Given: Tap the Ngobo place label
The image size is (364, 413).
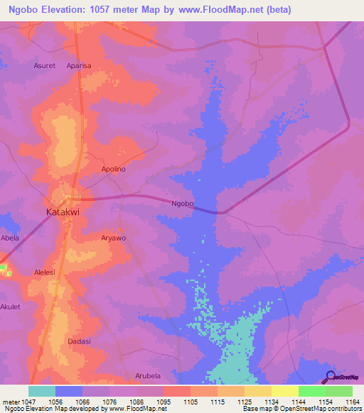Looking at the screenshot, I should [x=183, y=204].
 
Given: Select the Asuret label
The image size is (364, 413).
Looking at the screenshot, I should [x=45, y=65].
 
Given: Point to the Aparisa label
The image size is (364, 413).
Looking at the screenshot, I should [x=79, y=65].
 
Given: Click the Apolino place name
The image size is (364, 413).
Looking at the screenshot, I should [x=114, y=170].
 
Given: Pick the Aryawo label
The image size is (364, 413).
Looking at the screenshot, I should [x=114, y=238].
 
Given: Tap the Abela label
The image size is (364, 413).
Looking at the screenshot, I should [x=10, y=238].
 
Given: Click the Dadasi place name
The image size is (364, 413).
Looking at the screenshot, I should [x=79, y=341].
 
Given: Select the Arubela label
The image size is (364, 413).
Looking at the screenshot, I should [x=148, y=375].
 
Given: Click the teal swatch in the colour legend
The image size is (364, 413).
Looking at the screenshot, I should [x=42, y=391].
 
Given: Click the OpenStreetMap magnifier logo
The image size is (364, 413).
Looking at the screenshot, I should [x=331, y=376].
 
